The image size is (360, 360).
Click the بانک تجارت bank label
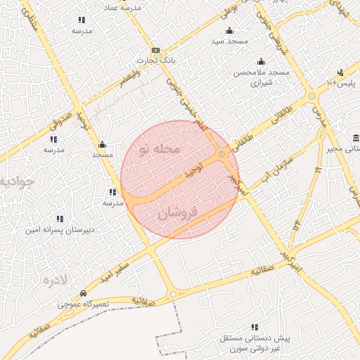pyautogui.click(x=157, y=62)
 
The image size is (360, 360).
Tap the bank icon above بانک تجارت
pyautogui.click(x=156, y=51)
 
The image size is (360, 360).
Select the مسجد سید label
pyautogui.click(x=229, y=42)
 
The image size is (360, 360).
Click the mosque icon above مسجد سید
pyautogui.click(x=229, y=31)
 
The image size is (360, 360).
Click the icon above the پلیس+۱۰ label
pyautogui.click(x=340, y=72)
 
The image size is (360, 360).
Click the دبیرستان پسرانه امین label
pyautogui.click(x=60, y=230)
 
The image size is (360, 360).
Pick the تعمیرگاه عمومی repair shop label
pyautogui.click(x=84, y=304)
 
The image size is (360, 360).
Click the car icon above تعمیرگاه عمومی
pyautogui.click(x=84, y=293)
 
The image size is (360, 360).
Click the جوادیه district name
pyautogui.click(x=15, y=183)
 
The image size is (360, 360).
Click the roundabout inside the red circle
pyautogui.click(x=221, y=154)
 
